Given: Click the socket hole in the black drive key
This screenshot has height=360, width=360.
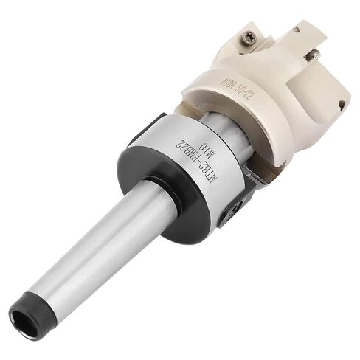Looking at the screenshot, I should click(x=234, y=210).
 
